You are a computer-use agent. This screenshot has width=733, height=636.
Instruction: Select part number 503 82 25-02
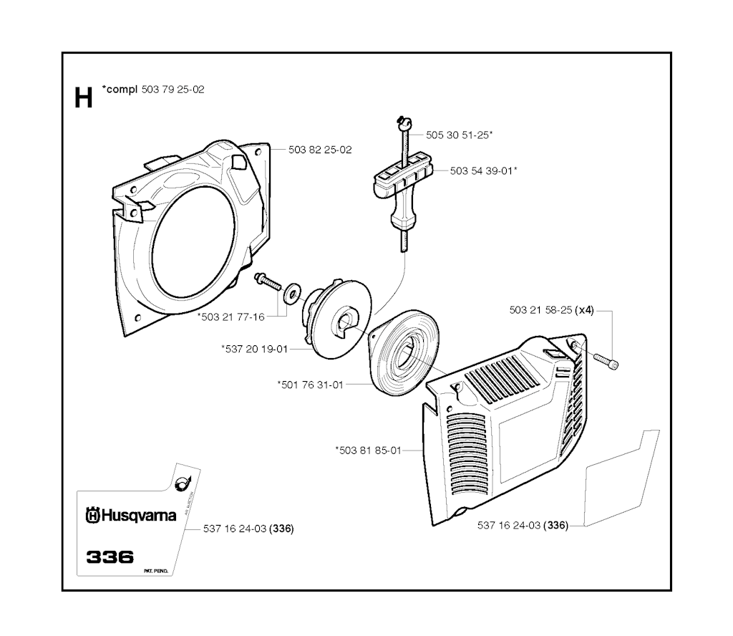(320, 150)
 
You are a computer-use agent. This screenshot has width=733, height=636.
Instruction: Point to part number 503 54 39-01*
(484, 170)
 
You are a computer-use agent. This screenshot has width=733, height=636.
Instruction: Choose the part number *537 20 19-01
(254, 349)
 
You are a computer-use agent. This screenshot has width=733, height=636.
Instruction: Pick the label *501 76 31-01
(310, 385)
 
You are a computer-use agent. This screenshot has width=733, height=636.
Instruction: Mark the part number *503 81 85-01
(368, 450)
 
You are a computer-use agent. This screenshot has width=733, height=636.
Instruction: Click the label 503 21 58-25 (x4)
(551, 310)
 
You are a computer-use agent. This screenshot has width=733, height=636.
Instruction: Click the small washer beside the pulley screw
(291, 293)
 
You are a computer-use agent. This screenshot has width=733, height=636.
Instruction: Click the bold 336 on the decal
(110, 557)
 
